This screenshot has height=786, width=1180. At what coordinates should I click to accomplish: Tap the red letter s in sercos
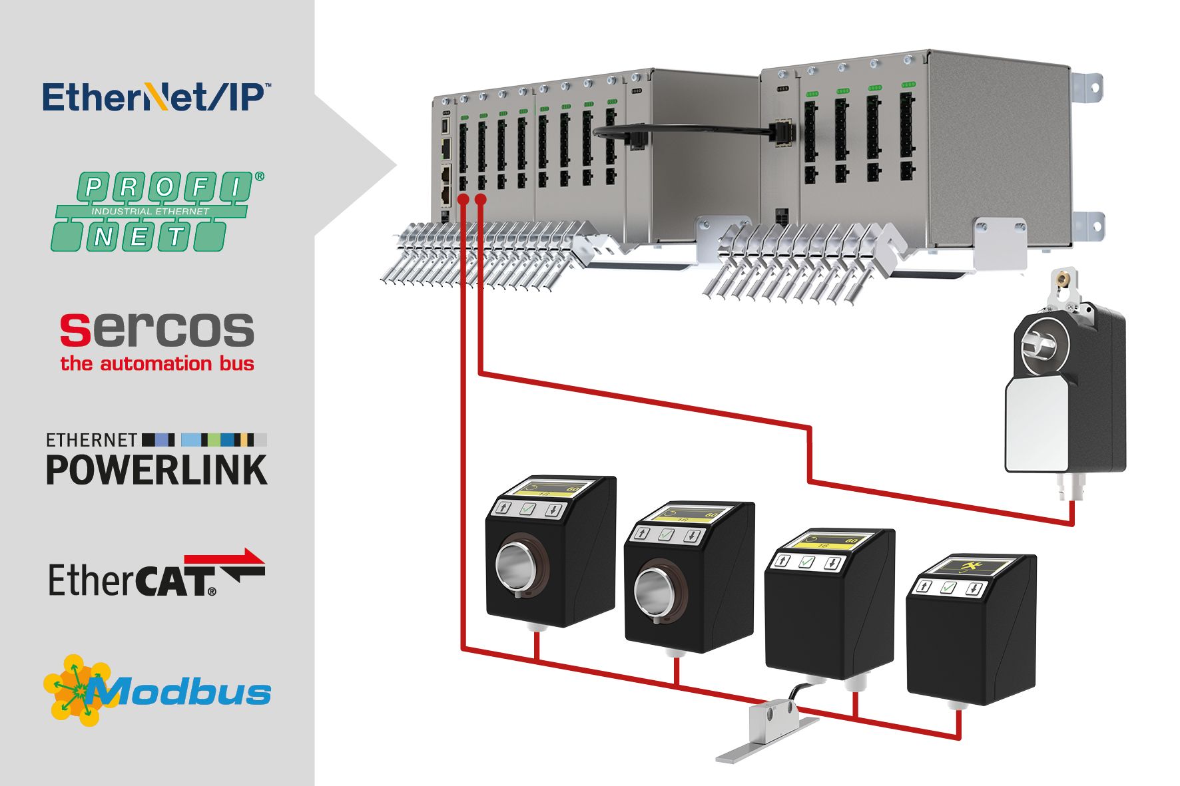(75, 331)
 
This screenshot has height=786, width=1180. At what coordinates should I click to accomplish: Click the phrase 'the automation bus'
(157, 364)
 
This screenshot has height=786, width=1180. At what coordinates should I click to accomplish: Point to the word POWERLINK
(156, 470)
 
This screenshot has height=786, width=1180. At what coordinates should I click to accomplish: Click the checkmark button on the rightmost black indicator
(948, 588)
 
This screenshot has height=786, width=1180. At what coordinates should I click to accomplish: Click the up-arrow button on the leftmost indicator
(503, 508)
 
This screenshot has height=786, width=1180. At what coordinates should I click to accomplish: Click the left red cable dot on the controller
(463, 200)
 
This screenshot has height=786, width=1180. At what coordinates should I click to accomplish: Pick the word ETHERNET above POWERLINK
(91, 440)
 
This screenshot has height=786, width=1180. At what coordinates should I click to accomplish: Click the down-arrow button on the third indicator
(832, 564)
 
